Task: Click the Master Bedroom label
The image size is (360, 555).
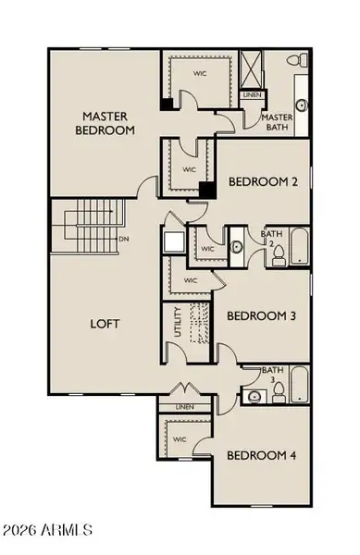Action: (106, 123)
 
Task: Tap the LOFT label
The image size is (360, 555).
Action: (105, 324)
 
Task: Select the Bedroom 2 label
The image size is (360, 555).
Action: (263, 181)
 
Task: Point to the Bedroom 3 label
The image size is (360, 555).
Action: (261, 315)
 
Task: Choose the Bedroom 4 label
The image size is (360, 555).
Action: (261, 455)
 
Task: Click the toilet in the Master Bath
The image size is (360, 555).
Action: (297, 59)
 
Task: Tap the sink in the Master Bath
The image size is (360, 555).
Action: (302, 105)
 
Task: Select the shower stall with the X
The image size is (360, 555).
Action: (251, 69)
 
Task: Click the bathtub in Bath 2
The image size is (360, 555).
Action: (300, 246)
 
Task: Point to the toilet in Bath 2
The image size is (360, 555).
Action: (279, 256)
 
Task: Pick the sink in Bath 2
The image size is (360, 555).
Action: (237, 247)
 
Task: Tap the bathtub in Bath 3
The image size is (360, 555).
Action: (300, 385)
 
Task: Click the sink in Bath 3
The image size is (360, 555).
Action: (254, 397)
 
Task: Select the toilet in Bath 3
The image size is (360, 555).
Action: (279, 392)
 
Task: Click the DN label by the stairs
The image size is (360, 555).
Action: (124, 239)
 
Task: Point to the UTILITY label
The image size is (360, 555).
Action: (178, 322)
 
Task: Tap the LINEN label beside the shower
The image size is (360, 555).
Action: (253, 95)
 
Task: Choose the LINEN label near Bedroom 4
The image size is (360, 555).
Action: (185, 407)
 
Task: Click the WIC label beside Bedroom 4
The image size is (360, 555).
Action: (180, 439)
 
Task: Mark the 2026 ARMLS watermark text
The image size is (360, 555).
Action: (47, 530)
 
